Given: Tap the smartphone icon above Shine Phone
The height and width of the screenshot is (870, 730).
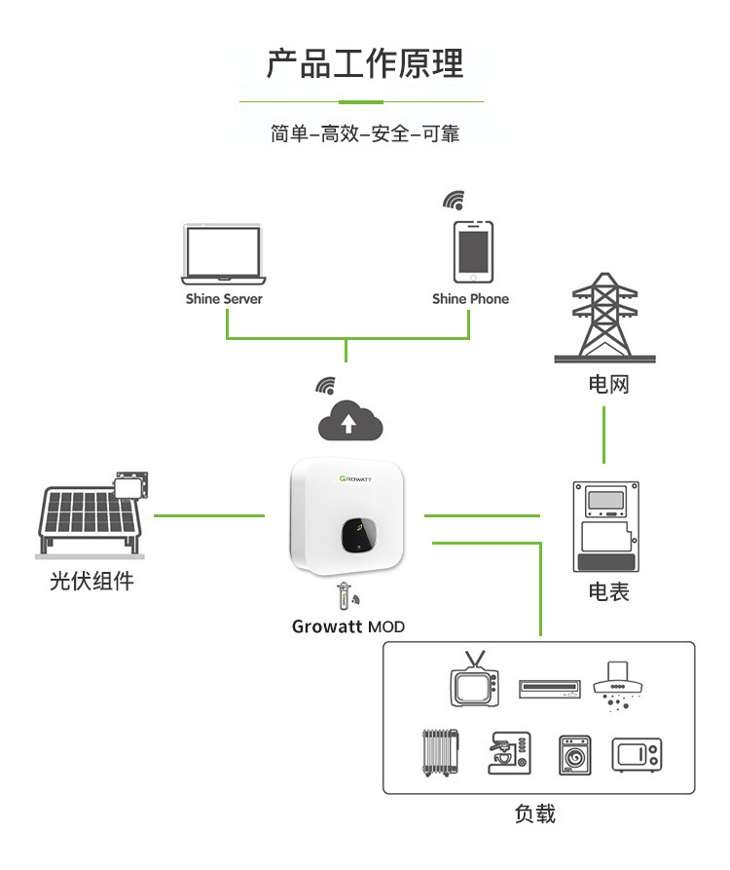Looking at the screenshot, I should pyautogui.click(x=472, y=251).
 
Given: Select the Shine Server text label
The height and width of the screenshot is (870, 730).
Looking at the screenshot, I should pyautogui.click(x=224, y=299).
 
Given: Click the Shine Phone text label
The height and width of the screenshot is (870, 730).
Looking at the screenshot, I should pyautogui.click(x=470, y=299).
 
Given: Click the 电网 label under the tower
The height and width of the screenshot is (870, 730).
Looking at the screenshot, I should pyautogui.click(x=608, y=384).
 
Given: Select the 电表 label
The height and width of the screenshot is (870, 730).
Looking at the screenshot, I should pyautogui.click(x=608, y=591).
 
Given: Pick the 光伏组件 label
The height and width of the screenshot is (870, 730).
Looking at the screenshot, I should pyautogui.click(x=91, y=583).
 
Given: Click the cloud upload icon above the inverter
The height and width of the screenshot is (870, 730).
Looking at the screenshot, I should pyautogui.click(x=350, y=422).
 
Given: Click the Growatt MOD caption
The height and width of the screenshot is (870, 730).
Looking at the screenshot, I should pyautogui.click(x=348, y=626).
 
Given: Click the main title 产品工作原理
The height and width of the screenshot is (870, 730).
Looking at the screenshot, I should pyautogui.click(x=365, y=63).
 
